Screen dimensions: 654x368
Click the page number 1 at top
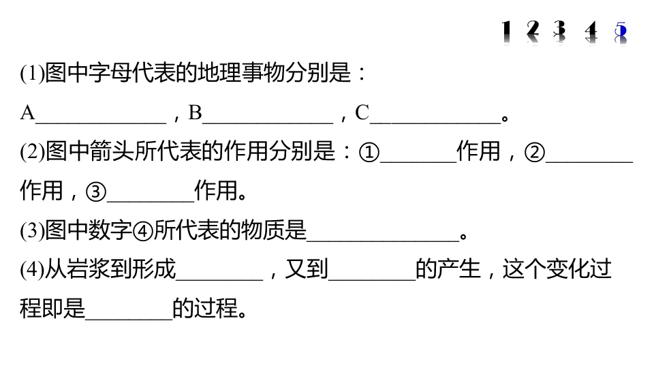coord(506,33)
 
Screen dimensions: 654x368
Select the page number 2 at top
coord(533,33)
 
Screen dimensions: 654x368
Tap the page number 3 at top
coord(560,33)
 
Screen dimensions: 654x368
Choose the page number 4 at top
coord(591,33)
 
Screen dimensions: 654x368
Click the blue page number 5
coord(621,33)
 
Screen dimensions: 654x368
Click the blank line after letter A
coord(101,123)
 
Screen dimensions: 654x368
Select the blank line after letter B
coord(268,123)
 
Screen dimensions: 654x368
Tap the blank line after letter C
coord(435,123)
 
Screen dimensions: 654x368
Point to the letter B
coord(196,112)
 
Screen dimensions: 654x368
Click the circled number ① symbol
coord(369,152)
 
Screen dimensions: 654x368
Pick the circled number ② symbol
coord(535,152)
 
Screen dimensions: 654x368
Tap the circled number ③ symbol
coord(96,192)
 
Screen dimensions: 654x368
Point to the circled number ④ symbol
coord(143,231)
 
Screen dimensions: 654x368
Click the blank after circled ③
coord(151,201)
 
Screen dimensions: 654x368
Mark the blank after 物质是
coord(383,241)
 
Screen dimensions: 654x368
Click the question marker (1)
coord(32,74)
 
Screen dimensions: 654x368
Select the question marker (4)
coord(32,270)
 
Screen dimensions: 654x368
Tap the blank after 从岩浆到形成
coord(219,279)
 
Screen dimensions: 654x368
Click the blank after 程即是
coord(129,319)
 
